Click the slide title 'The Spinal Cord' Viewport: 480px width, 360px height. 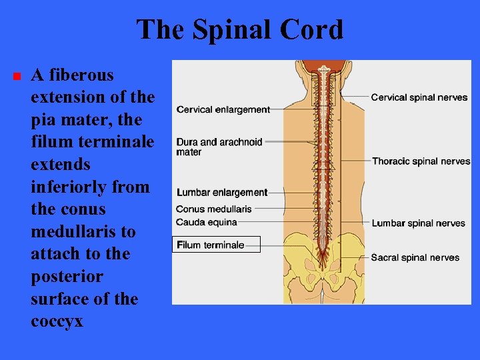tap(240, 30)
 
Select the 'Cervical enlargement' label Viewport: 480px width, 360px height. tap(223, 109)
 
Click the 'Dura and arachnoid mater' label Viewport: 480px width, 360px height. tap(219, 147)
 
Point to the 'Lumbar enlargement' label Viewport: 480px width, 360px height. tap(222, 193)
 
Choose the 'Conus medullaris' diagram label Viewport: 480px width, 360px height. tap(214, 209)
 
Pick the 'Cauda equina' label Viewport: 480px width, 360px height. tap(207, 222)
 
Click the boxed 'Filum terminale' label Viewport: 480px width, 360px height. tap(211, 245)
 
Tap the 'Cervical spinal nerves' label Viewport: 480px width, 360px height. tap(419, 97)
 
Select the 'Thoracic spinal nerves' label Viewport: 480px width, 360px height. tap(421, 161)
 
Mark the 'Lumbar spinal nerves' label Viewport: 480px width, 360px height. tap(418, 223)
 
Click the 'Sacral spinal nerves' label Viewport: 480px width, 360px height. tap(415, 257)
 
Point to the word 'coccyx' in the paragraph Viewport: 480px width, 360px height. tap(57, 321)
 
